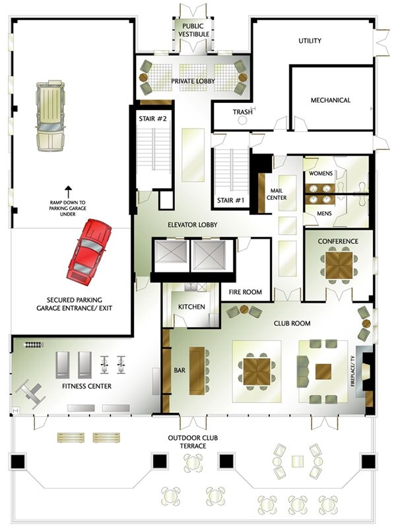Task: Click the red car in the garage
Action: click(x=90, y=252)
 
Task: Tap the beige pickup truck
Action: click(x=50, y=115)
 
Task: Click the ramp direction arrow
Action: click(x=68, y=191)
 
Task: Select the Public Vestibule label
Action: click(x=194, y=30)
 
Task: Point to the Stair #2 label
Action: click(x=152, y=119)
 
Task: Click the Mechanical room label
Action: click(x=331, y=100)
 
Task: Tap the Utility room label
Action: click(x=310, y=41)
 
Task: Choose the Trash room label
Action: click(x=243, y=112)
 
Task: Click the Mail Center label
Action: click(x=277, y=195)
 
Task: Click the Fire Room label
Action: click(x=246, y=292)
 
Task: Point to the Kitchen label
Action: click(x=191, y=307)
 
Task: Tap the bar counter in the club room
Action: click(x=197, y=371)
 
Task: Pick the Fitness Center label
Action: click(x=86, y=386)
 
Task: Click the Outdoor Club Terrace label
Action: click(x=193, y=442)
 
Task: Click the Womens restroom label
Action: click(x=321, y=173)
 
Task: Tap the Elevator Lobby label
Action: click(x=193, y=225)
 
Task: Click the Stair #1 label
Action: click(x=230, y=201)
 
